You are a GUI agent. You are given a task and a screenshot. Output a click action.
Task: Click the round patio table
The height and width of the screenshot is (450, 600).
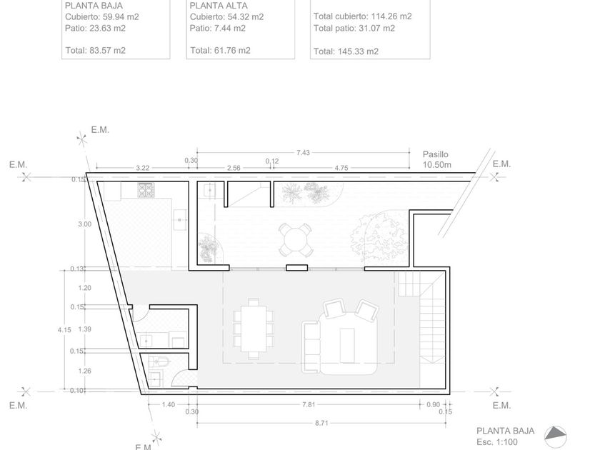(295, 240)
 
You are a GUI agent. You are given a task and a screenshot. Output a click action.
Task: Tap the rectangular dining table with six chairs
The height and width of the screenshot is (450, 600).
(254, 329)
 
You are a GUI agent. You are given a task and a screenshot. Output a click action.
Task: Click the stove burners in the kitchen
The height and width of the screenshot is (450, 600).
(146, 190)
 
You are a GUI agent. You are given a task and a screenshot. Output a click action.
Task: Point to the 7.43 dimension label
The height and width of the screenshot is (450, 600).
(303, 153)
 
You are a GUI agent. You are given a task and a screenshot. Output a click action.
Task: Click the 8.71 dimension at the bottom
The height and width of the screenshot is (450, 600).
(322, 423)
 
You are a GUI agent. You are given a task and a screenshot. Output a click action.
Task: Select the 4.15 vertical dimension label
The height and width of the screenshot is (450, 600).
(64, 329)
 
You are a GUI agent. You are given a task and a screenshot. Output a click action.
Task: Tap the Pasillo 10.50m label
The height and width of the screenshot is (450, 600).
(436, 159)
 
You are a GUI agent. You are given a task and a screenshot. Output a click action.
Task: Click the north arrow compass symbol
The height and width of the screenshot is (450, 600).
(556, 436)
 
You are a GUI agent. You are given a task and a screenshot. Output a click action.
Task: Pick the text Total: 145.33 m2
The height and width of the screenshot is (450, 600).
(346, 51)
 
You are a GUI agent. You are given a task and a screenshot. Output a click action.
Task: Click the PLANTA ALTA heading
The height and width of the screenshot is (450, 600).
(219, 6)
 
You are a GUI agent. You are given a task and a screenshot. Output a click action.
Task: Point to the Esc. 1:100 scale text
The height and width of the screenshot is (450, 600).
(497, 442)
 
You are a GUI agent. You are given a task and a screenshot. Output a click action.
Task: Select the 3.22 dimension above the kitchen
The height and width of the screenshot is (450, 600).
(142, 168)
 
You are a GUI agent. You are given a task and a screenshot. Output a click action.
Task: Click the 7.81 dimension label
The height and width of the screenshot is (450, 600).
(309, 404)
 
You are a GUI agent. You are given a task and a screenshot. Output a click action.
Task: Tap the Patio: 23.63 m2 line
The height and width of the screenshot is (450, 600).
(95, 29)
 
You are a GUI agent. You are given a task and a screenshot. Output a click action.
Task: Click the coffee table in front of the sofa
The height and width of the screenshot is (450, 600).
(347, 345)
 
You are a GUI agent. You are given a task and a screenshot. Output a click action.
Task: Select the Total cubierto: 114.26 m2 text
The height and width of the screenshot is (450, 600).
(362, 16)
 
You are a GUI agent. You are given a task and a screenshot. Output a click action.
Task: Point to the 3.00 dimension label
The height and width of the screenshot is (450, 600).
(84, 224)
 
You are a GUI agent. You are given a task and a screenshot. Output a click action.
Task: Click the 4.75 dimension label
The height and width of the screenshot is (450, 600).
(341, 168)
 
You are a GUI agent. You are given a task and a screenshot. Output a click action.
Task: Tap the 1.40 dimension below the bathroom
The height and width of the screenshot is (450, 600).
(169, 404)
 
